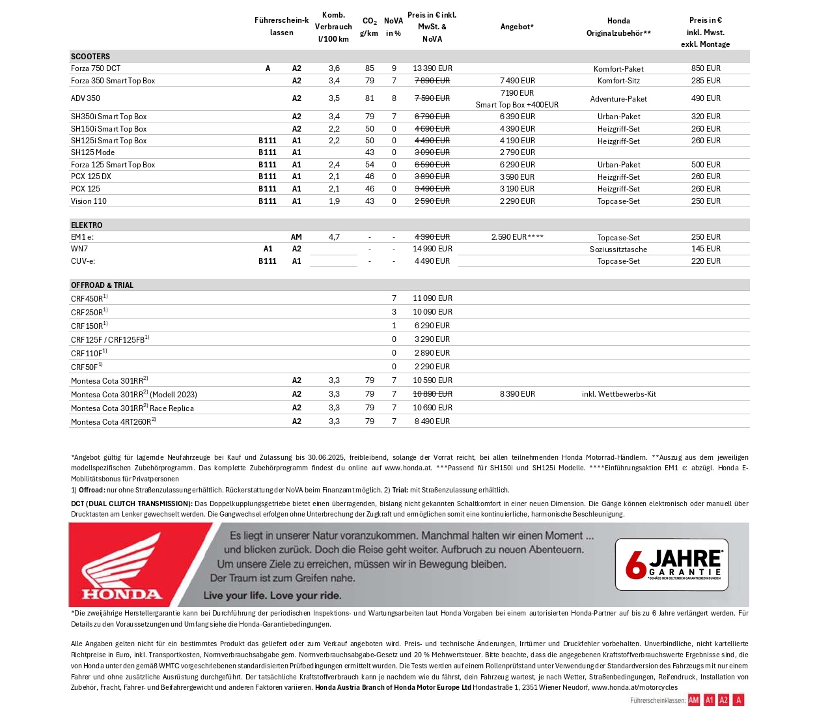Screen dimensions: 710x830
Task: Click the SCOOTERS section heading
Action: tap(90, 57)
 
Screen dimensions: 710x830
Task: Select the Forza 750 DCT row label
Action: tap(96, 68)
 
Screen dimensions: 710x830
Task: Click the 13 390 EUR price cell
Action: tap(432, 68)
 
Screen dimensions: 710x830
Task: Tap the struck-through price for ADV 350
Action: tap(432, 98)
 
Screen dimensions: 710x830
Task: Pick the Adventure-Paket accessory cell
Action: tap(618, 99)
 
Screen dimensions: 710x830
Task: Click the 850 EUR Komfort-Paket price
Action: tap(706, 68)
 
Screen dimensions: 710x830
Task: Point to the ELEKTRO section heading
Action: tap(87, 225)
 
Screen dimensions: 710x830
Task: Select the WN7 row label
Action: tap(79, 249)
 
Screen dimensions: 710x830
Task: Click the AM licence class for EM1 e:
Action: tap(296, 237)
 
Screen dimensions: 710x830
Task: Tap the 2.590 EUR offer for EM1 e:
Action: tap(517, 237)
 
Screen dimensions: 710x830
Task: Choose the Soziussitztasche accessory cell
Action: tap(618, 249)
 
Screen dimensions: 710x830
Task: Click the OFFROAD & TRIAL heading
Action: tap(102, 285)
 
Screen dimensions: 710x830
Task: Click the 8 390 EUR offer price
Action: tap(518, 394)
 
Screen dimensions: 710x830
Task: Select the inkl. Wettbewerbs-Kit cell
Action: tap(618, 394)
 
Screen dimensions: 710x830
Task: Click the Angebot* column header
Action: tap(517, 27)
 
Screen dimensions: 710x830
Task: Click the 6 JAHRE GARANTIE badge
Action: tap(671, 565)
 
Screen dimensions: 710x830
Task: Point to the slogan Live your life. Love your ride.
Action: tap(272, 595)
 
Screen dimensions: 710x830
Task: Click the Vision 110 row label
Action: tap(89, 201)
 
